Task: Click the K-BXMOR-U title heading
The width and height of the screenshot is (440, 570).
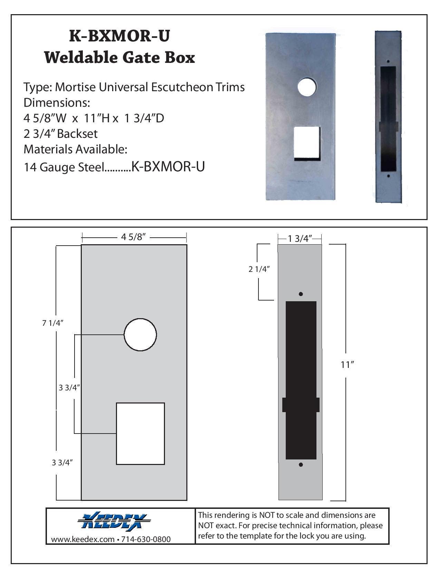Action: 119,36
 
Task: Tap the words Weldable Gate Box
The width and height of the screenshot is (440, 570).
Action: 119,57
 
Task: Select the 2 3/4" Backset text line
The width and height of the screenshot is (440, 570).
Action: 60,134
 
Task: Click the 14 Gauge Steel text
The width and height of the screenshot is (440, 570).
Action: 64,167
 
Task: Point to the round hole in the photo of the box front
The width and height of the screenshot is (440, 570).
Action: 307,87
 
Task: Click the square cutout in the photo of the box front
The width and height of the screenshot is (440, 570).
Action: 307,144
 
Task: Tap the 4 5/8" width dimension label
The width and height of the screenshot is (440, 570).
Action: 134,237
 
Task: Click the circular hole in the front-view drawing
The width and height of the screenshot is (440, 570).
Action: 140,335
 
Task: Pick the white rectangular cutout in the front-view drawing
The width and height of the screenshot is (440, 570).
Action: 140,434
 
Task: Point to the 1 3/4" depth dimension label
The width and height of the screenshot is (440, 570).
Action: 300,238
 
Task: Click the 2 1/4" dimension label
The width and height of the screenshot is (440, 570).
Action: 258,269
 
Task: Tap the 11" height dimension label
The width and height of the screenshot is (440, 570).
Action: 348,364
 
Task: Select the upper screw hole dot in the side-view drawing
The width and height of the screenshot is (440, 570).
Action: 301,294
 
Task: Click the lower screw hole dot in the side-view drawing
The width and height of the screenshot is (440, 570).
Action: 301,465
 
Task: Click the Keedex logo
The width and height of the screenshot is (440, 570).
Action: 114,521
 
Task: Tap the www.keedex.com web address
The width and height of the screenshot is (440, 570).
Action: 82,539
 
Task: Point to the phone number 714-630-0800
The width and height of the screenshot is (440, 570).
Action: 146,539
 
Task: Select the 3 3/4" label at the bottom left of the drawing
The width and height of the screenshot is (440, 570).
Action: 62,463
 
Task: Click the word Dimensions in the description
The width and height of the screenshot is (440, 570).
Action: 56,103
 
